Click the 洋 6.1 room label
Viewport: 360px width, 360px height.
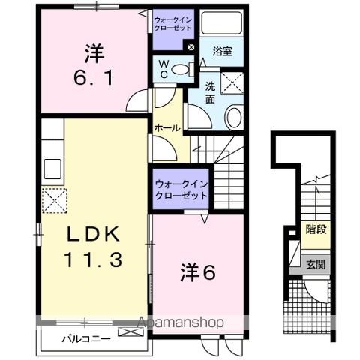point(94,66)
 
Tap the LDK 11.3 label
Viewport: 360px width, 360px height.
point(94,247)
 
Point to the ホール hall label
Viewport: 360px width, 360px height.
point(166,128)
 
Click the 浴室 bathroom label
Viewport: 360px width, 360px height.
point(222,52)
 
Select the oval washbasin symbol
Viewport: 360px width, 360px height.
point(233,117)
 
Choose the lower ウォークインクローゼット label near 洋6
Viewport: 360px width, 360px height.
point(180,189)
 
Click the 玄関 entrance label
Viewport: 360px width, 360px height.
point(315,264)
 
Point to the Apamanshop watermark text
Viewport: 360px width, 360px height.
point(180,323)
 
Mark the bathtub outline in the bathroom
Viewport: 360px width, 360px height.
point(222,23)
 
